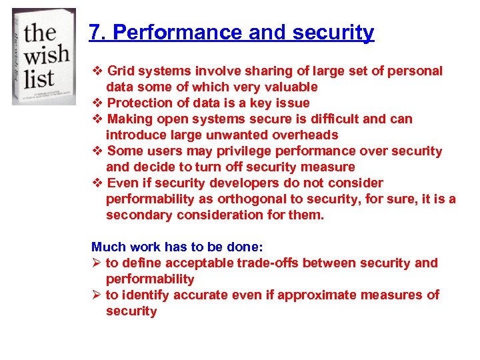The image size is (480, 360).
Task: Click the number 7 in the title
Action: pos(94,33)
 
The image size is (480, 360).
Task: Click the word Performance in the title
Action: pos(159,33)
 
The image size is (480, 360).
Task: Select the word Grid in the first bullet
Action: pos(121,71)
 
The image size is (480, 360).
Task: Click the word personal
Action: pos(416,71)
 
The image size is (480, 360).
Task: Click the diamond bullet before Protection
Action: pos(97,103)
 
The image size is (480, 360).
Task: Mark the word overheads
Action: pos(305,135)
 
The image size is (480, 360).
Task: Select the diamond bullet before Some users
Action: pos(97,151)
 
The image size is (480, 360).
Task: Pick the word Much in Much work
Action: pos(107,247)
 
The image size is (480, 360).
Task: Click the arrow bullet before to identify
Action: pos(96,295)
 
